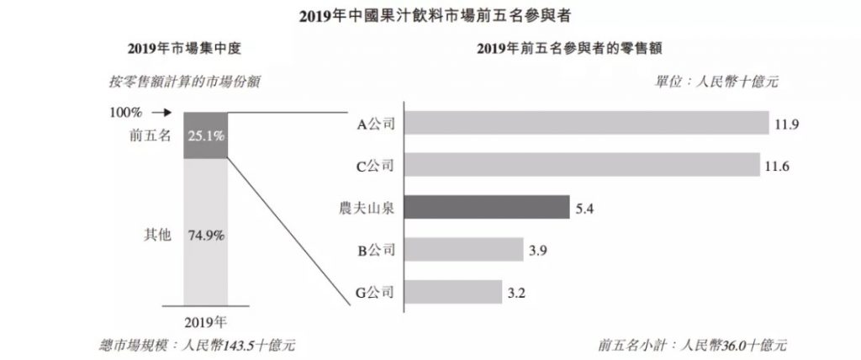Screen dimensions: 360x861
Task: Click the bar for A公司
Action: [588, 124]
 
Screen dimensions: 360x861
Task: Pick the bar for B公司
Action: [462, 249]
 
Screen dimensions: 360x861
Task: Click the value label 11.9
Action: [786, 124]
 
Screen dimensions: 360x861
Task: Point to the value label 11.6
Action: [777, 166]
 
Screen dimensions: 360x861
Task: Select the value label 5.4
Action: [584, 207]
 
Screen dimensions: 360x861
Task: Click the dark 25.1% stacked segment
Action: [206, 135]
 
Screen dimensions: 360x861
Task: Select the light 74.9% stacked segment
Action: [206, 236]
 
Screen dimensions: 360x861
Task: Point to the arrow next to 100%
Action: [162, 111]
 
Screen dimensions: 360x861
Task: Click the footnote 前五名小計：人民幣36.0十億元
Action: [694, 345]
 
